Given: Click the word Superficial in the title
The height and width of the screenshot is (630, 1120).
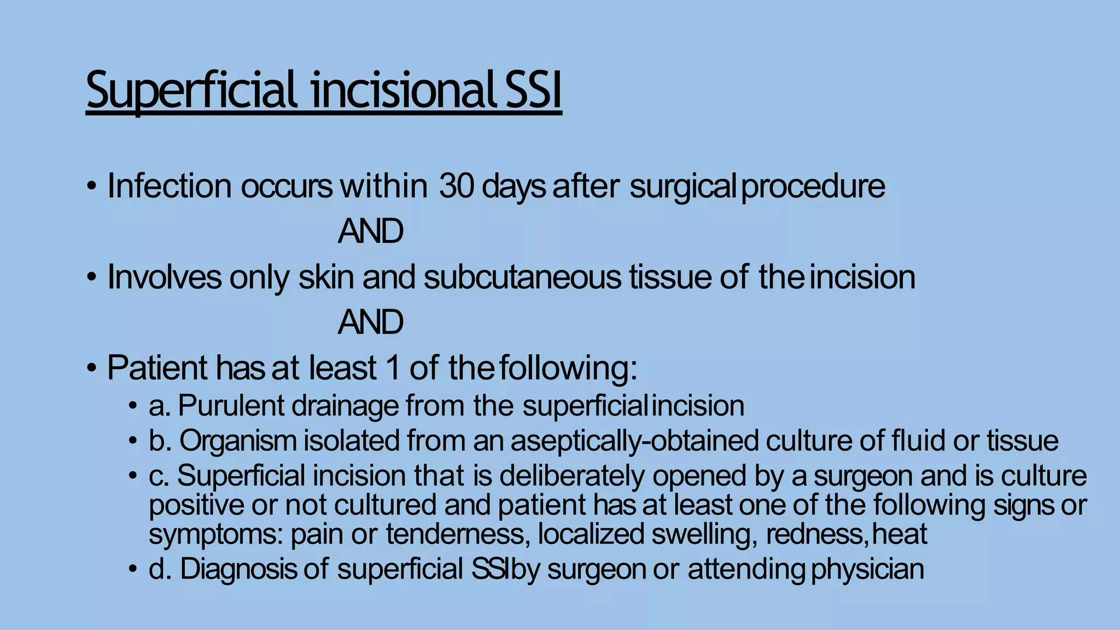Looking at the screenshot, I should tap(191, 91).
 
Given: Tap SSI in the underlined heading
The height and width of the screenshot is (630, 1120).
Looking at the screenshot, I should tap(533, 91).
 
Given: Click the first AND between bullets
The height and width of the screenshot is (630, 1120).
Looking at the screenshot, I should tap(370, 231).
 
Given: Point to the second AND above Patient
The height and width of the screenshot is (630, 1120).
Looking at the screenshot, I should tap(370, 322).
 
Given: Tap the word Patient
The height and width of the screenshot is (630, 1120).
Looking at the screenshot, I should tap(157, 367).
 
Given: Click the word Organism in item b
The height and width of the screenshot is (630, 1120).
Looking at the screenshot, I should tap(238, 441).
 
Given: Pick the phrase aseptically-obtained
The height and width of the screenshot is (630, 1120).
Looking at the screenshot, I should tap(634, 441).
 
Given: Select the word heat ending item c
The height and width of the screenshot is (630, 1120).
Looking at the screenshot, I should tap(900, 534).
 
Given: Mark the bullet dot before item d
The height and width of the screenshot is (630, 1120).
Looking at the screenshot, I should tap(132, 569).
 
